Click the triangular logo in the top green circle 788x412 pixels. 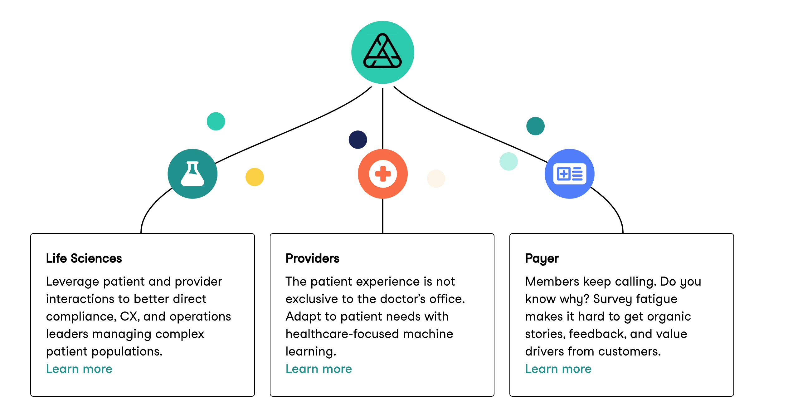tap(382, 51)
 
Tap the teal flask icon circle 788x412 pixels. tap(192, 174)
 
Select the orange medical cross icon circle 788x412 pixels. tap(383, 174)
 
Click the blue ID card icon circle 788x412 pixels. tap(569, 174)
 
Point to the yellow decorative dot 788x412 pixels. tap(255, 177)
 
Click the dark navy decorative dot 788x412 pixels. tap(358, 140)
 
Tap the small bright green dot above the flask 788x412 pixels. tap(216, 121)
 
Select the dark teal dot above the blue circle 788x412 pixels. tap(535, 126)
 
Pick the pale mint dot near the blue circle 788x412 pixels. tap(508, 161)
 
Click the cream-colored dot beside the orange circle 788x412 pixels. tap(436, 179)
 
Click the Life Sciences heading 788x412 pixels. tap(84, 258)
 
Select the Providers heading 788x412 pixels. tap(312, 258)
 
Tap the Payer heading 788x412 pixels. tap(542, 259)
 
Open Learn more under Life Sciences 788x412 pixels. tap(79, 369)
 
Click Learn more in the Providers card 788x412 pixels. tap(319, 369)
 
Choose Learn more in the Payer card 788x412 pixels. tap(558, 369)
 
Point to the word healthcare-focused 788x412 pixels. tap(342, 334)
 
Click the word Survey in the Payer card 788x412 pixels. tap(611, 299)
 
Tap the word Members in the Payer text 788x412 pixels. tap(552, 282)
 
